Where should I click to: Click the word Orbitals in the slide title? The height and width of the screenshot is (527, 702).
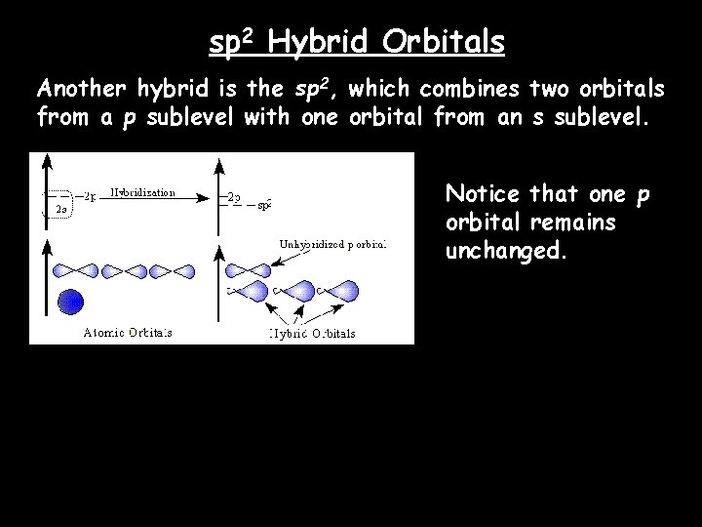coord(445,43)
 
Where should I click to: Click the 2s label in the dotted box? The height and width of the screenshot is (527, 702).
coord(59,209)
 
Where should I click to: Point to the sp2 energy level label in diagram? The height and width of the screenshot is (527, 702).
coord(263,204)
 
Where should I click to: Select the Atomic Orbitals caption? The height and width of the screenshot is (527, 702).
coord(126,332)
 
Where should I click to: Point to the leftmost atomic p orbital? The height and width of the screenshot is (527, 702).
coord(68,270)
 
